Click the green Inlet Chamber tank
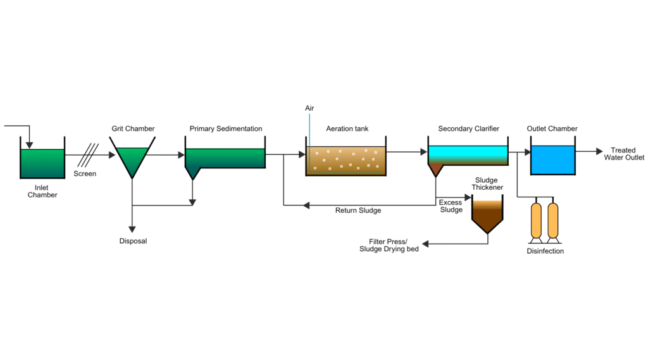coord(42,163)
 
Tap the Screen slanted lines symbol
coord(88,156)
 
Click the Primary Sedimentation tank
coord(225,158)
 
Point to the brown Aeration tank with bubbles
coord(346,161)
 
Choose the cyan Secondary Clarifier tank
coord(468,155)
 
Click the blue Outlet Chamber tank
coord(552,159)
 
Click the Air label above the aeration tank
coord(309,108)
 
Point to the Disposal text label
coord(133,241)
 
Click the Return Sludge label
coord(358,211)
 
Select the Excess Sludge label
coord(451,206)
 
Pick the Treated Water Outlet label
coord(623,154)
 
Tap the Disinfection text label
coord(545,251)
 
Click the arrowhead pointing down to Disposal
coord(132,230)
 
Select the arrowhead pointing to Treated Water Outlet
coord(599,152)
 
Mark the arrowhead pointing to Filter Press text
coord(427,244)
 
